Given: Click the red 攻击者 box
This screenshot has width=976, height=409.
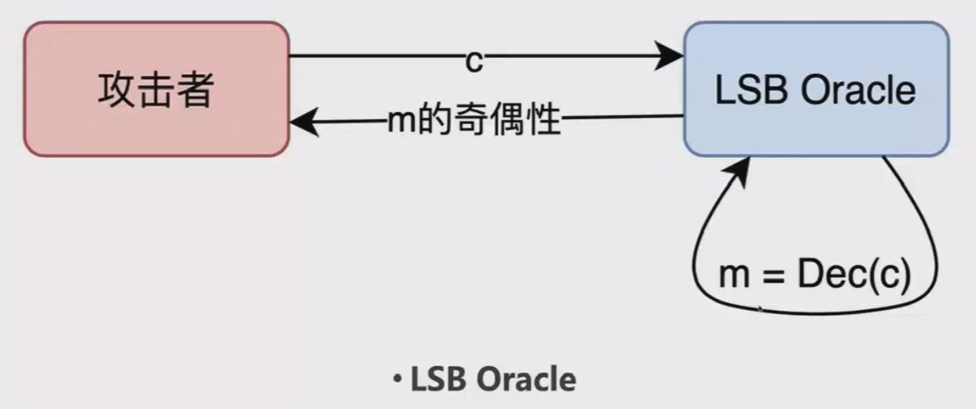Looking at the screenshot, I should (156, 89).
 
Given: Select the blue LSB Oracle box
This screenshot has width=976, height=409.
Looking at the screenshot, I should (816, 89).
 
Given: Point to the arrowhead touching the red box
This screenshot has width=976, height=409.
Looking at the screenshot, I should (302, 122).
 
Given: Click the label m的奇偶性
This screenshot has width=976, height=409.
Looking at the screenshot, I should (473, 122).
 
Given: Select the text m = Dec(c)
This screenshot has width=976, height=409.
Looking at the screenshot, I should (815, 275).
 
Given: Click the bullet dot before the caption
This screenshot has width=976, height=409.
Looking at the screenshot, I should (397, 379).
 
